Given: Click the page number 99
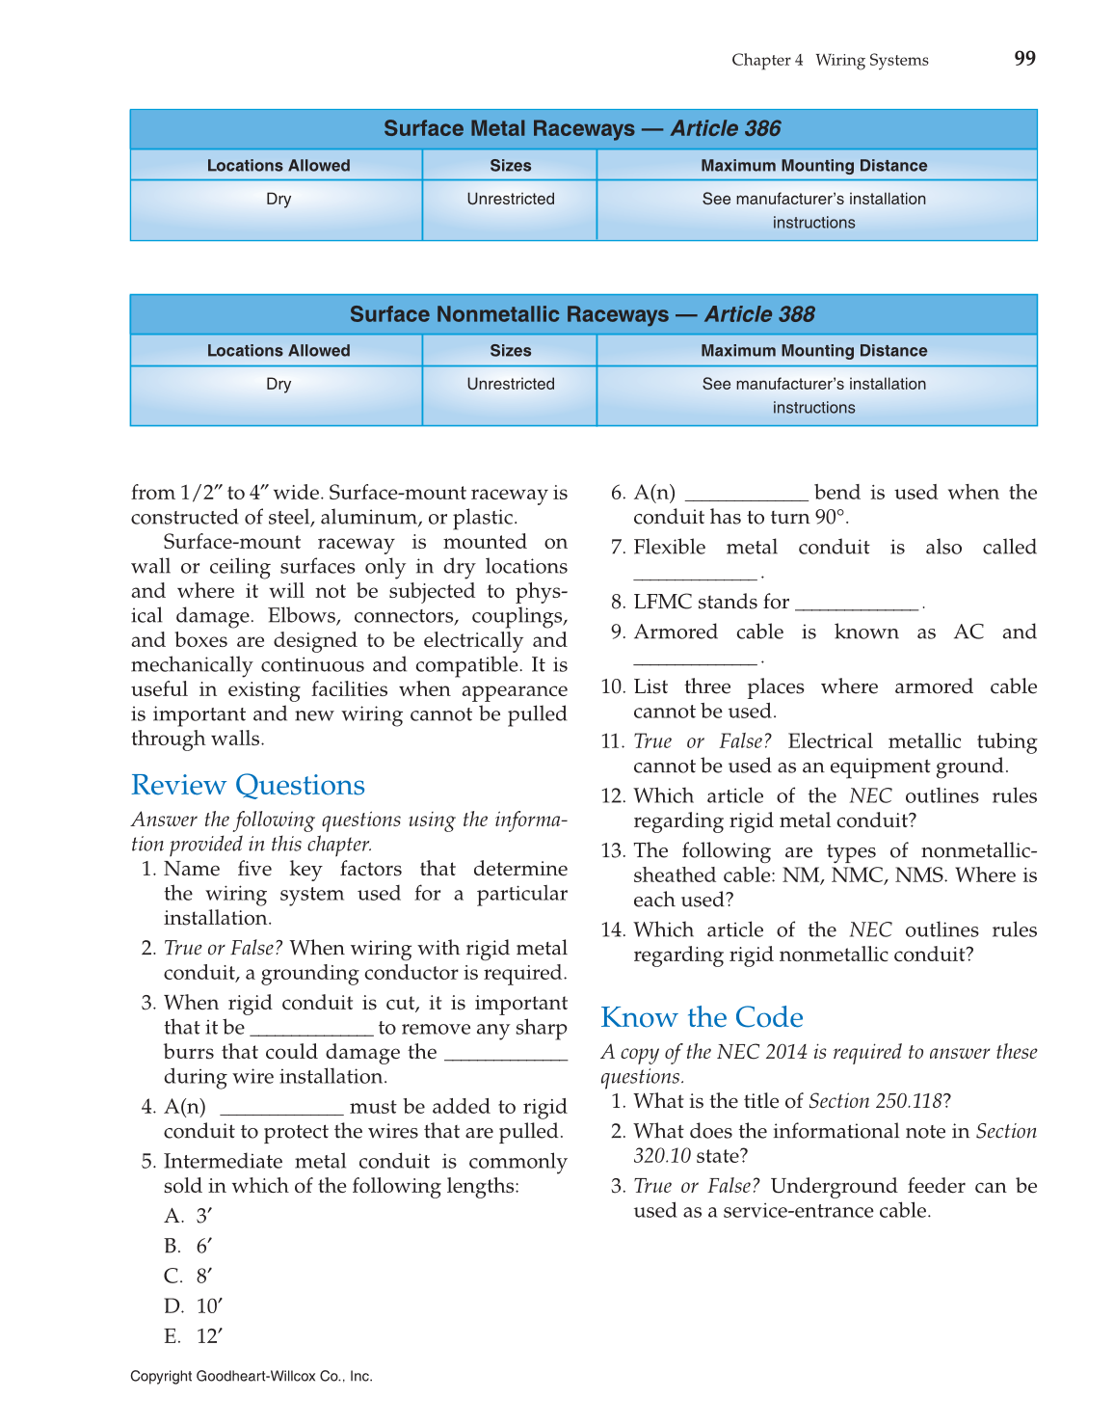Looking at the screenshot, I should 1024,59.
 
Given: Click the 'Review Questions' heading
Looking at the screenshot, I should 248,785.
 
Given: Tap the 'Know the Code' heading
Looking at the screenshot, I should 702,1017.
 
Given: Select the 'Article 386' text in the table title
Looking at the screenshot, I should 726,129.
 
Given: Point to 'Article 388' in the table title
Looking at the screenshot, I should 759,314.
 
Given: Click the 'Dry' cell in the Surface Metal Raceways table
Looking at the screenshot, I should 278,200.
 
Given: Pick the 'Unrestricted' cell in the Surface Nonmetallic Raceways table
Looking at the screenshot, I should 511,384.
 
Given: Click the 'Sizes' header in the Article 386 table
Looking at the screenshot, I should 511,166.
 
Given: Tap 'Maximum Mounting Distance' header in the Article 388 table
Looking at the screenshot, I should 813,351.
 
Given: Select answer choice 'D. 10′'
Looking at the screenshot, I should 194,1306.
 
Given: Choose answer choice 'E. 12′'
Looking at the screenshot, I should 194,1336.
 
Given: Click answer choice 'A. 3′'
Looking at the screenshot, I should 189,1216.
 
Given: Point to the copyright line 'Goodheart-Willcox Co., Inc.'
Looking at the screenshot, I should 284,1377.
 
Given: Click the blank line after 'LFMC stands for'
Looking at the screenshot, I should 858,607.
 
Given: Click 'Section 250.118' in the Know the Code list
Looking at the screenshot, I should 875,1101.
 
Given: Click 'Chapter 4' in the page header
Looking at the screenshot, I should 767,60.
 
